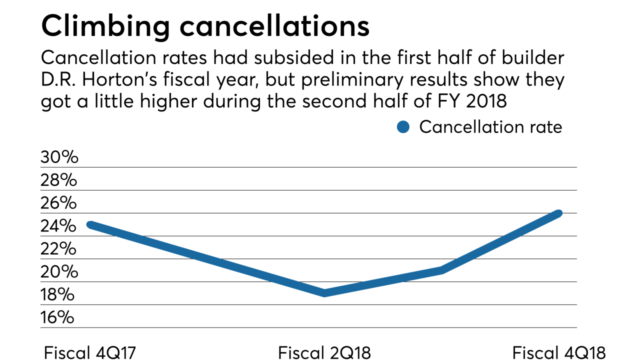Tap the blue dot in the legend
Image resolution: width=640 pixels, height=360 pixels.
(403, 127)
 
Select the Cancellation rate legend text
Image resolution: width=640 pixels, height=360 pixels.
(490, 127)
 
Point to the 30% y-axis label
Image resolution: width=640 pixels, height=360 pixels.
(59, 157)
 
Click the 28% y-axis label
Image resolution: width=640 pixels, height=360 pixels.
(59, 180)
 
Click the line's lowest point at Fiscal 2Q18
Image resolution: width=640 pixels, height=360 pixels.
(325, 293)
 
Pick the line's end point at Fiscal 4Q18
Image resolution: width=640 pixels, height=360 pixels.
(559, 213)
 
